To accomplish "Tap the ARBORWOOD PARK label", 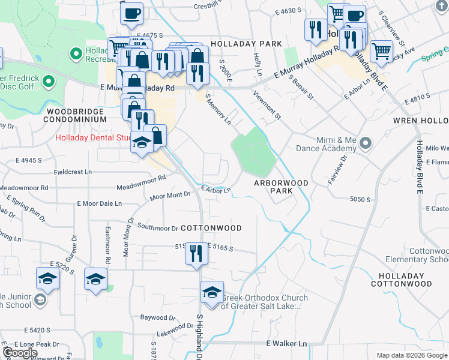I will coord(281,187).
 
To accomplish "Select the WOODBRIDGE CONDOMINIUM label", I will coord(76,116).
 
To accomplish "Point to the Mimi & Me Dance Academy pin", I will coord(367,143).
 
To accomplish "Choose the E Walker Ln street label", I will coord(286,344).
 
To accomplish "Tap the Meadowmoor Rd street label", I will coord(141,179).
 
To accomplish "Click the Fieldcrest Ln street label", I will coord(73,172).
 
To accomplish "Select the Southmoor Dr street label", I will coord(158,228).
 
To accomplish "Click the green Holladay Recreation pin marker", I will coord(76,55).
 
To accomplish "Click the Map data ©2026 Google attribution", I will coord(411,355).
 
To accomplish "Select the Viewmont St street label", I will coord(267,104).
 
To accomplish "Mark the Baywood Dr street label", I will coord(154,317).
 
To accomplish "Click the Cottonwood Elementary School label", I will coord(429,255).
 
